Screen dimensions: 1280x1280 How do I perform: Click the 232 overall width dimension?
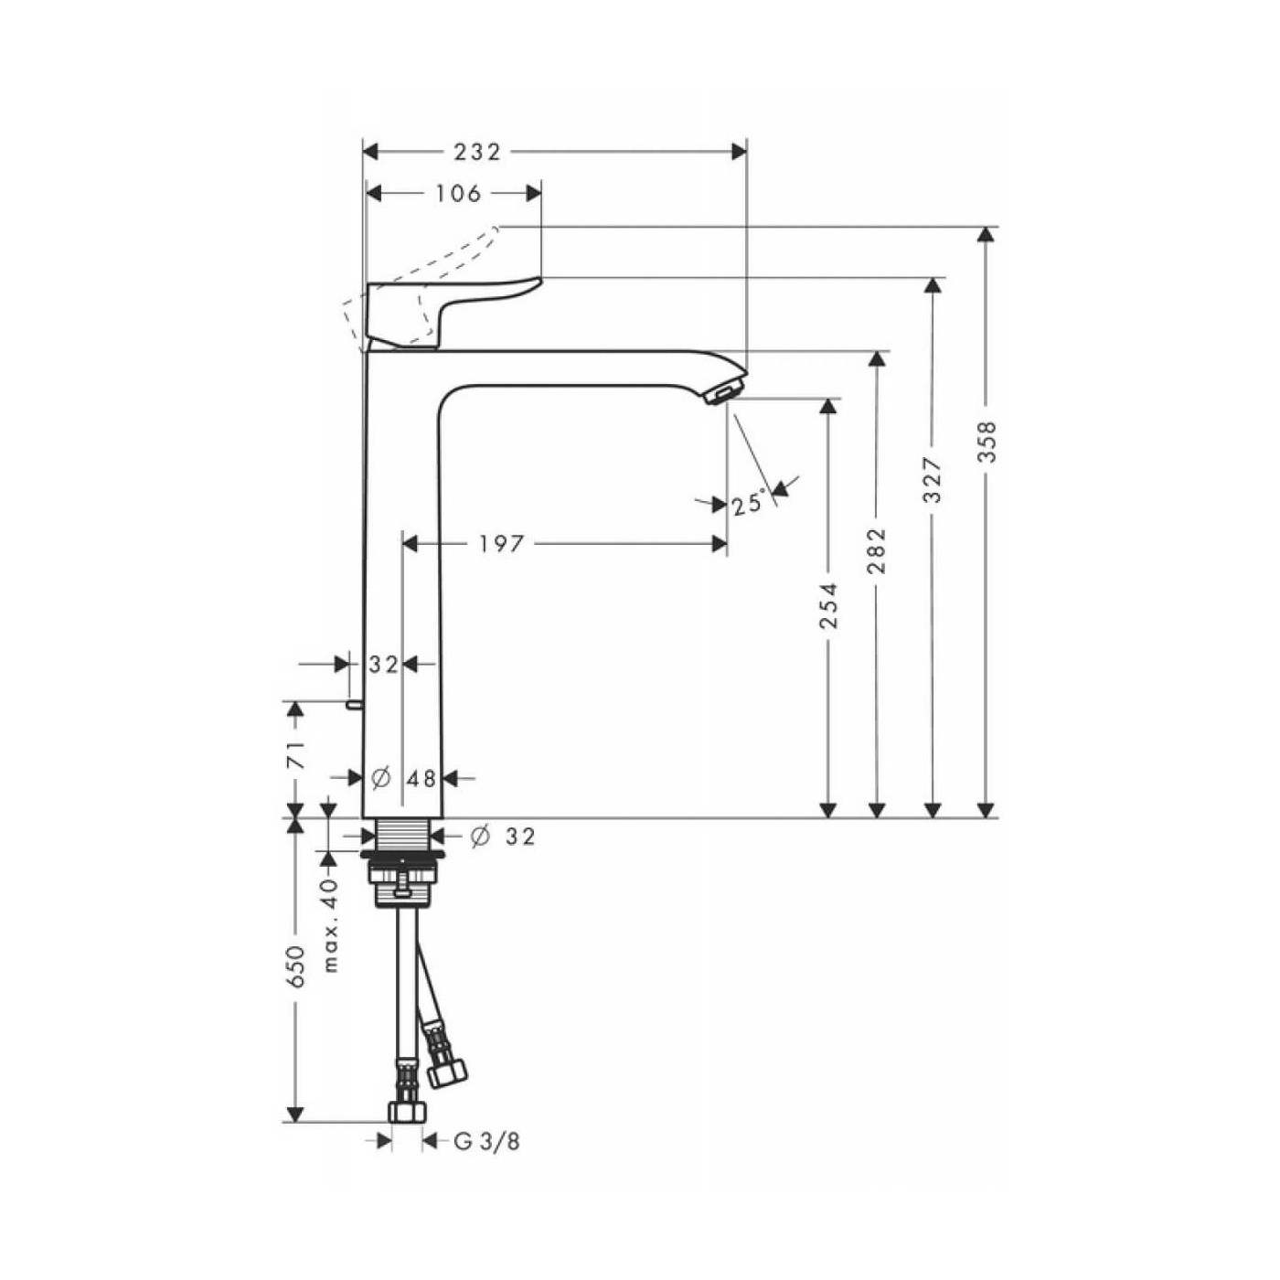pyautogui.click(x=479, y=152)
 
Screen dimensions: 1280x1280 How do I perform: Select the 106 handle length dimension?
pyautogui.click(x=458, y=194)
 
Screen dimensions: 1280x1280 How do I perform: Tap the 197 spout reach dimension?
pyautogui.click(x=502, y=545)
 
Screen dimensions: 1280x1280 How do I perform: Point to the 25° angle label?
pyautogui.click(x=749, y=503)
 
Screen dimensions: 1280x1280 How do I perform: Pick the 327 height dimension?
pyautogui.click(x=932, y=480)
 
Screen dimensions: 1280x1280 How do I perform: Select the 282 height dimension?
pyautogui.click(x=877, y=550)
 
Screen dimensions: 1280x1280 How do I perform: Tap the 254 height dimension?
pyautogui.click(x=828, y=605)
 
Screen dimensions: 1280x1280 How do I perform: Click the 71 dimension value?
pyautogui.click(x=295, y=755)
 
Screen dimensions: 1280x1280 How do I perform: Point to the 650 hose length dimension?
pyautogui.click(x=295, y=966)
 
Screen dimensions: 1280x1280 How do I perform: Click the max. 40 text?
pyautogui.click(x=330, y=923)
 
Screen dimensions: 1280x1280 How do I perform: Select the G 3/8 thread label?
pyautogui.click(x=486, y=1142)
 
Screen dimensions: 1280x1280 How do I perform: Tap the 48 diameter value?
pyautogui.click(x=421, y=779)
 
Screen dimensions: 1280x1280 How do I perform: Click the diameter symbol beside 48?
pyautogui.click(x=381, y=778)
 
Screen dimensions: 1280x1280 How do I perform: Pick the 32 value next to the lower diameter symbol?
pyautogui.click(x=520, y=837)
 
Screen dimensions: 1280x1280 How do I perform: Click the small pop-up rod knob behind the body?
pyautogui.click(x=351, y=705)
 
